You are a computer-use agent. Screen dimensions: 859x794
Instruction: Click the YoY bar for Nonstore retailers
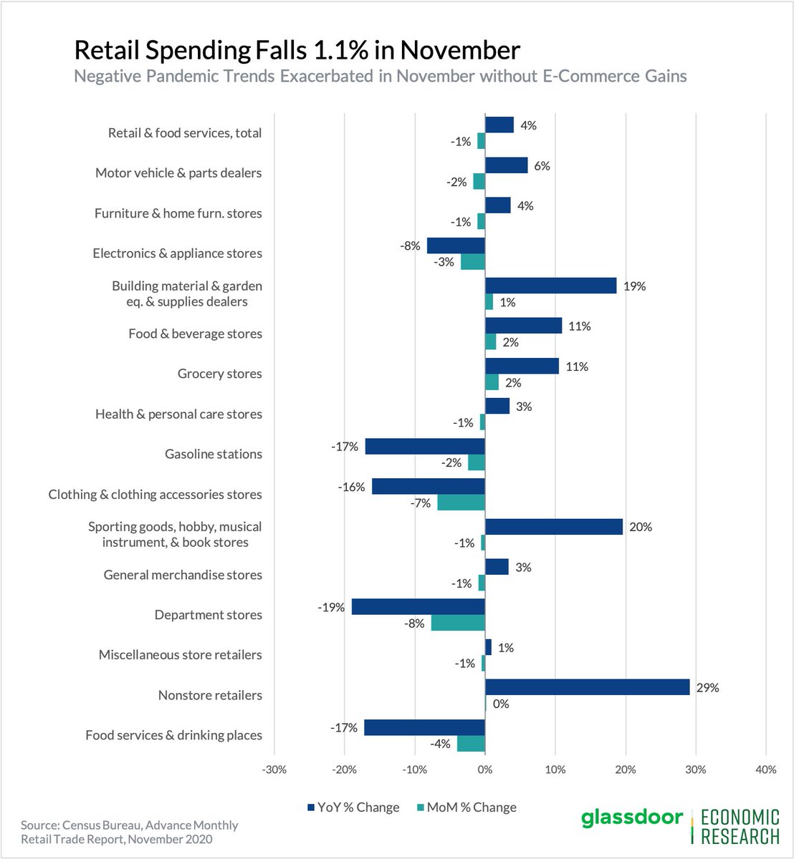tap(587, 687)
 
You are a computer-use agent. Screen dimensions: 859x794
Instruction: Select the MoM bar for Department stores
tap(458, 623)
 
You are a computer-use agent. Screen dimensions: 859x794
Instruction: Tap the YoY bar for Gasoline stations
tap(425, 447)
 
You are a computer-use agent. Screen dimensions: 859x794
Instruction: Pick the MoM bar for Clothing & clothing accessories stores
tap(461, 503)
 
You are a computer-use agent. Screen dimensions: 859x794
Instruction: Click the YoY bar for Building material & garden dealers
tap(550, 286)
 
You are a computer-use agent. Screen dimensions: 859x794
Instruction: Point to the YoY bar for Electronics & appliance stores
tap(456, 246)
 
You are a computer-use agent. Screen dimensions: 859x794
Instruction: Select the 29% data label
tap(707, 688)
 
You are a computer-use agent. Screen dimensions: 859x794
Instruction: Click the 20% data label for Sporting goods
tap(640, 527)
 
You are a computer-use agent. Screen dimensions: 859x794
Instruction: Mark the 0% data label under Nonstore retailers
tap(500, 704)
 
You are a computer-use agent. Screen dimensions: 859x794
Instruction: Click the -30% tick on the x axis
tap(274, 770)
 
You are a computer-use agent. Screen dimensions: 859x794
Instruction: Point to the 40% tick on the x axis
tap(765, 770)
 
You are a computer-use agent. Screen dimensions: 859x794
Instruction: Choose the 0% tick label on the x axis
tap(485, 770)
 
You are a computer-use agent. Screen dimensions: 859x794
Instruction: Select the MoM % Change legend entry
tap(466, 807)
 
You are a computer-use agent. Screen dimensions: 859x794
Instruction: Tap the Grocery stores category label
tap(219, 374)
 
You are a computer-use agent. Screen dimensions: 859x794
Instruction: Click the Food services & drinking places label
tap(173, 735)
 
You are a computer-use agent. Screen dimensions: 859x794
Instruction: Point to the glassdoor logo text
tap(631, 818)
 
